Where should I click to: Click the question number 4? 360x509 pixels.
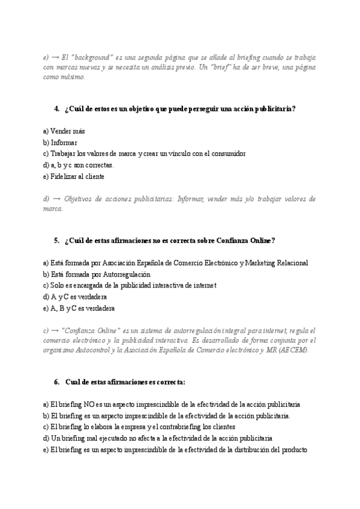tap(56, 109)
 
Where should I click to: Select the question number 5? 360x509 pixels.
tap(56, 241)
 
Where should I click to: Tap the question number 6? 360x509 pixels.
tap(56, 382)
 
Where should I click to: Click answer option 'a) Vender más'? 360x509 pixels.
tap(64, 131)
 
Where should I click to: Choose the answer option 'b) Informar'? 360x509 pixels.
tap(61, 142)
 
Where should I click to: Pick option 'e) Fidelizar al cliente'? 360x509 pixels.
tap(74, 176)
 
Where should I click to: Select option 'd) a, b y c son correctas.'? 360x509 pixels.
tap(79, 165)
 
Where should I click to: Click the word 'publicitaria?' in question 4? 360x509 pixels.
tap(275, 109)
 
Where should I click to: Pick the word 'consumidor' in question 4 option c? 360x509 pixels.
tap(226, 154)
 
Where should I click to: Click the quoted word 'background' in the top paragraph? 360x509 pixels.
tap(92, 57)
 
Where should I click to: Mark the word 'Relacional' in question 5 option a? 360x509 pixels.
tap(290, 263)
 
